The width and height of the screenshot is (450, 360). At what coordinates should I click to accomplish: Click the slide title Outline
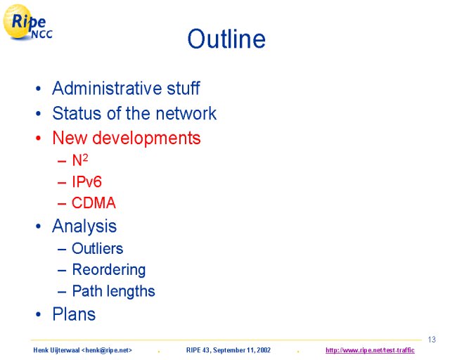point(226,39)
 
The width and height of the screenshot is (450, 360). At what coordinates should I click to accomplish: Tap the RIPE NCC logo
point(27,22)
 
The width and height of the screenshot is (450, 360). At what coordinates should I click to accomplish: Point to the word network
point(186,113)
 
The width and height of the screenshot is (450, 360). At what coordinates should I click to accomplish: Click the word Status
point(77,113)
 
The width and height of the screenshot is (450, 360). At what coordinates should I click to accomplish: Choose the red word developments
point(146,139)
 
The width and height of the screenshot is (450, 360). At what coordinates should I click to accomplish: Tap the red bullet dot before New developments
point(38,138)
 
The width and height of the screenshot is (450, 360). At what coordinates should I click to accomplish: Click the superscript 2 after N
point(85,157)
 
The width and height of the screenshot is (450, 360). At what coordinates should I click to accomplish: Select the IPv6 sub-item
point(86,181)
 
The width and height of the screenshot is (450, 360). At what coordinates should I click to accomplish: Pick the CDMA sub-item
point(94,202)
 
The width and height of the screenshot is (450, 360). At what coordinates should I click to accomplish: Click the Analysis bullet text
point(84,226)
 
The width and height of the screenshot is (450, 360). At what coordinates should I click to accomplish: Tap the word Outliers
point(97,248)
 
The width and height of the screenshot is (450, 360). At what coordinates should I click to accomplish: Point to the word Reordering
point(109,270)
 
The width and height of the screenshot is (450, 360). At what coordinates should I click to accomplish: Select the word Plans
point(74,314)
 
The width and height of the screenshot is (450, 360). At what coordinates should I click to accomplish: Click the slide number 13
point(432,340)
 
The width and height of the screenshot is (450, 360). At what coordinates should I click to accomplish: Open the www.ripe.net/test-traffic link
point(370,350)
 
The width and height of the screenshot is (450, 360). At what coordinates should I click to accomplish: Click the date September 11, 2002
point(242,350)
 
